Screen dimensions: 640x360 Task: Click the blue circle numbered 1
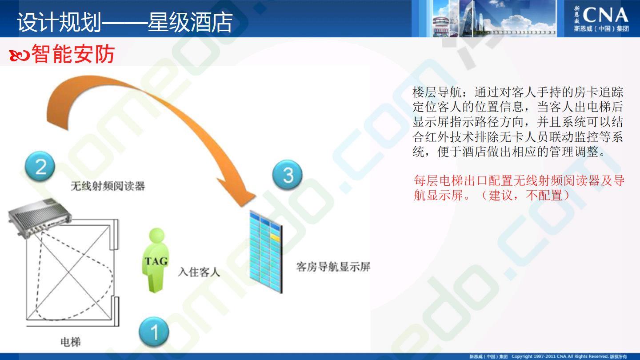[154, 332]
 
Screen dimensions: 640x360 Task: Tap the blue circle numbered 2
[40, 166]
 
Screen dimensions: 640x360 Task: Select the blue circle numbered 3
[287, 175]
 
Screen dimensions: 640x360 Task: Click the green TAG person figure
[156, 260]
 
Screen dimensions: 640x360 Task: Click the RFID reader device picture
[40, 217]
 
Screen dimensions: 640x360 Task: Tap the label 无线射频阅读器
[108, 186]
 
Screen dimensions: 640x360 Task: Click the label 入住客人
[199, 272]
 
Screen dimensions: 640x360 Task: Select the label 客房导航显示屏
[333, 267]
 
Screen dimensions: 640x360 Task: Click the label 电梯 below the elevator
[71, 342]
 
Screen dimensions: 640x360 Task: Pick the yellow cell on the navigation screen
[275, 236]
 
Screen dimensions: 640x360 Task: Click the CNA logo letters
[605, 15]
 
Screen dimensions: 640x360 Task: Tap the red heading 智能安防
[73, 54]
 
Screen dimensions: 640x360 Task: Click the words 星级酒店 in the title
[190, 22]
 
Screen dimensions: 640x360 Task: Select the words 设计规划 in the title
[59, 22]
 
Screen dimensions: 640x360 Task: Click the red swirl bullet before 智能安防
[19, 56]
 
